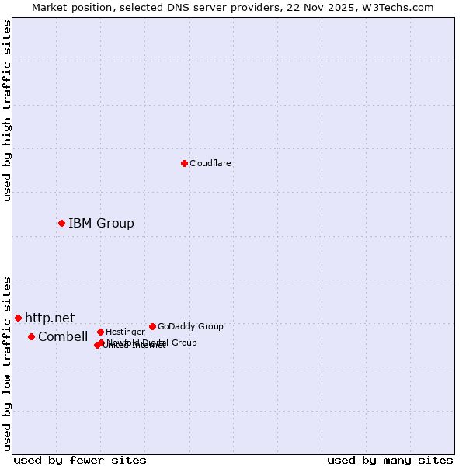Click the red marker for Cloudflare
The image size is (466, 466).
(x=184, y=163)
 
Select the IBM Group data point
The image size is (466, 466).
(x=61, y=223)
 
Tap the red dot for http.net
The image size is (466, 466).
(x=18, y=318)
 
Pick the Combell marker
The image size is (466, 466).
(x=31, y=336)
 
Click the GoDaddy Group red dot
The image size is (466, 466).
(x=152, y=326)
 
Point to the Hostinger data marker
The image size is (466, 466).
(x=100, y=332)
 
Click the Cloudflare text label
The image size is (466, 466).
(x=210, y=163)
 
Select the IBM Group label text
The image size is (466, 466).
(x=101, y=224)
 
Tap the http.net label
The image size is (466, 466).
(x=50, y=318)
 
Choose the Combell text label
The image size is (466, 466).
(x=63, y=337)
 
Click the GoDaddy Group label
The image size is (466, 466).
(x=190, y=326)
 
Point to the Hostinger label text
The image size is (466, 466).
(x=125, y=332)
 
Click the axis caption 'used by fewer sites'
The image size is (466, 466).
(x=80, y=460)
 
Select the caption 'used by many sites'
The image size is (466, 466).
(x=390, y=460)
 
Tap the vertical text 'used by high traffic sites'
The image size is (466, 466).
(x=8, y=110)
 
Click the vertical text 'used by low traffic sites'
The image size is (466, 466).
(x=8, y=363)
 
